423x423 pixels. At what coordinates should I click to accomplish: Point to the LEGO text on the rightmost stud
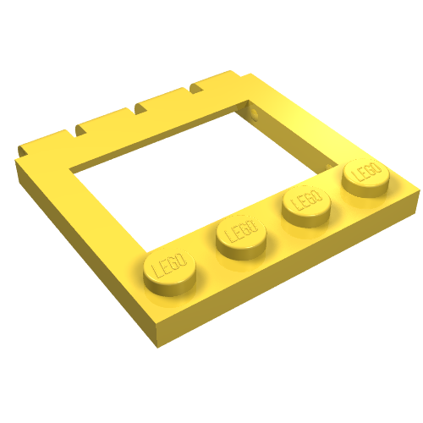[365, 171]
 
